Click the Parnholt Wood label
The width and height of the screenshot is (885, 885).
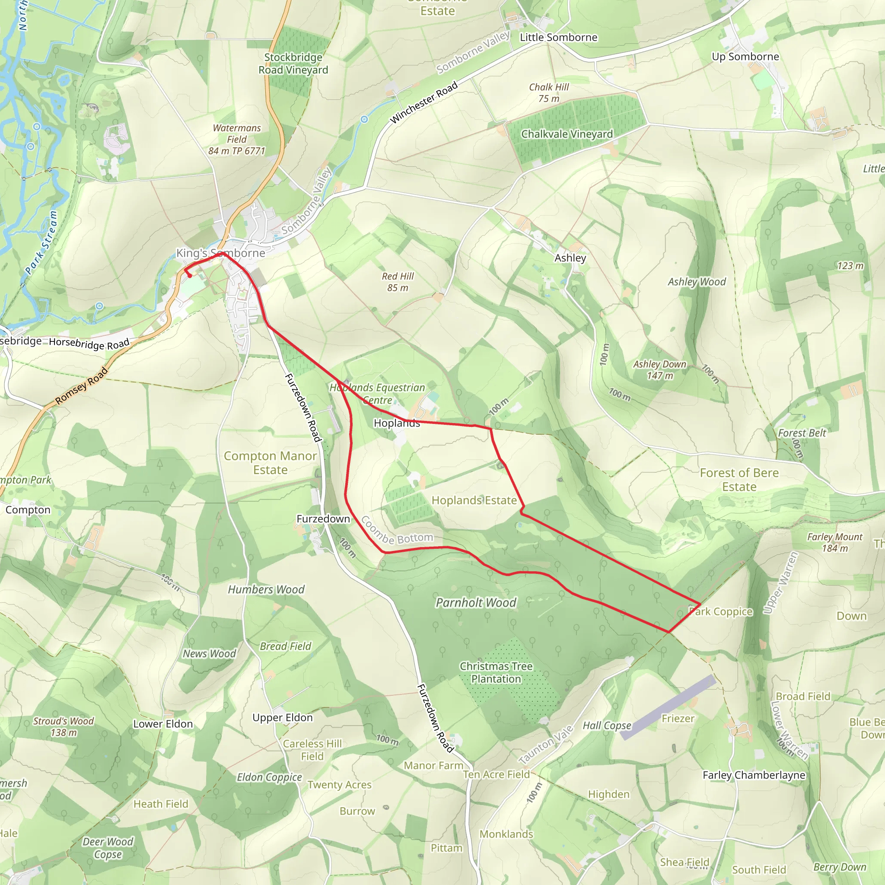[x=475, y=602]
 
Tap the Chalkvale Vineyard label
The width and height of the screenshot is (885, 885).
[x=567, y=134]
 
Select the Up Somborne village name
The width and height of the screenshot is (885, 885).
[x=745, y=56]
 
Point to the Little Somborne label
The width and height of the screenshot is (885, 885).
[x=558, y=37]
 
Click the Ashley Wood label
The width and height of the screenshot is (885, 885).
[x=696, y=282]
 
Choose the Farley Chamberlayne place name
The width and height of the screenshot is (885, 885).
[x=754, y=775]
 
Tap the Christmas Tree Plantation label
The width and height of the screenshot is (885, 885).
[x=496, y=672]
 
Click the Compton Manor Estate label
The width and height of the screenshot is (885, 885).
[x=270, y=463]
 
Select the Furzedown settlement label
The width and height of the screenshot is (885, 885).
[x=323, y=519]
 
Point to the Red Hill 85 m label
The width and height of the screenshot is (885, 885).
[x=398, y=282]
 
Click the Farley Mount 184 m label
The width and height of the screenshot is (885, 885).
[x=834, y=542]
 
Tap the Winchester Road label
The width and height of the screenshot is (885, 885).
[x=424, y=102]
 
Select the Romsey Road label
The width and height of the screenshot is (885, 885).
[x=81, y=386]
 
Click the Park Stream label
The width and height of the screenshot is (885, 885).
[x=41, y=243]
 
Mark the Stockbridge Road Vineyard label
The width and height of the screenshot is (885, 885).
[x=293, y=64]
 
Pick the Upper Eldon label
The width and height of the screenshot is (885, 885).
[x=282, y=717]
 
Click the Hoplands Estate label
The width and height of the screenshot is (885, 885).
[x=474, y=500]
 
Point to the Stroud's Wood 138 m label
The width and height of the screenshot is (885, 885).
[x=63, y=726]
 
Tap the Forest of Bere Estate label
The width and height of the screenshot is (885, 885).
[x=739, y=480]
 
